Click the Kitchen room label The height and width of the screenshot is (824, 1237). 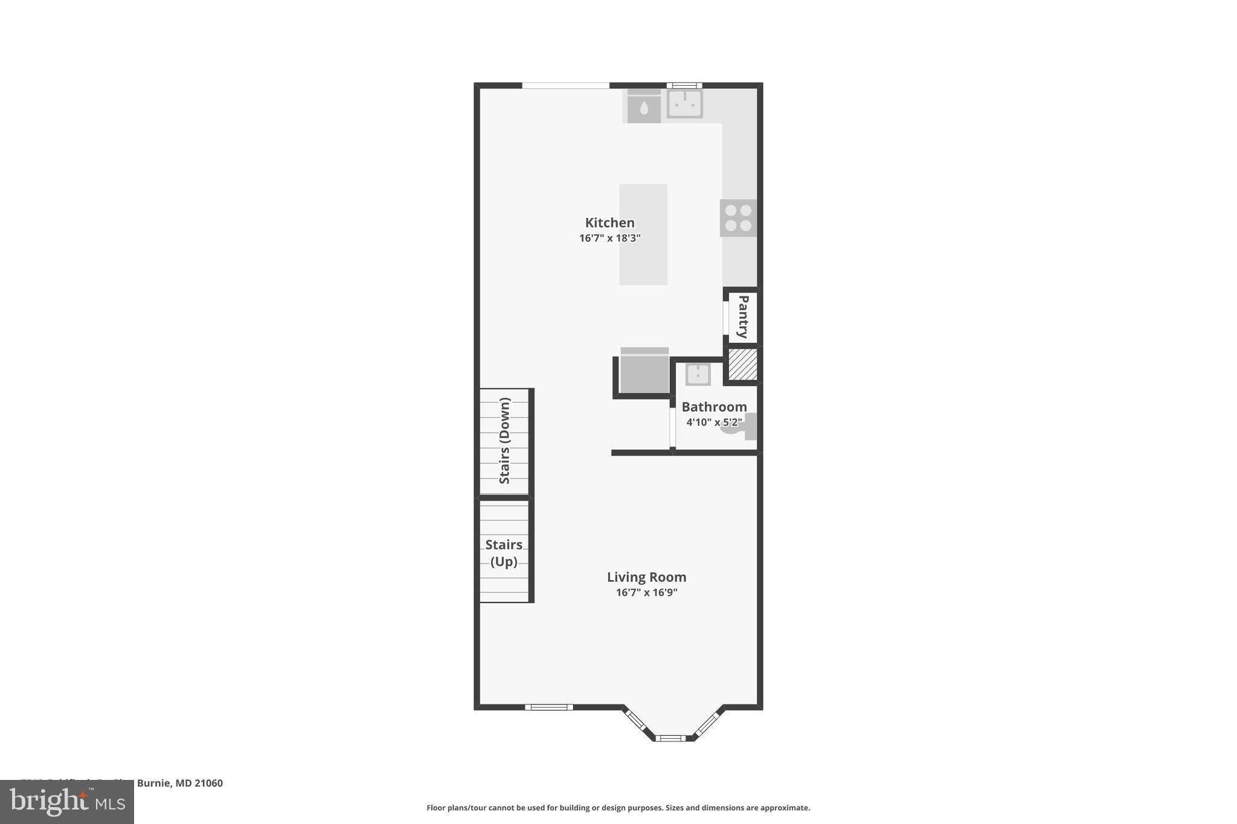click(609, 223)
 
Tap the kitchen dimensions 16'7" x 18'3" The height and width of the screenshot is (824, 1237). click(609, 238)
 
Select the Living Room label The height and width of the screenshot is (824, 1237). click(646, 577)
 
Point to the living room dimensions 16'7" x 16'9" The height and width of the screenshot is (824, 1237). click(646, 592)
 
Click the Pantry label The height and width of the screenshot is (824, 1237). click(743, 317)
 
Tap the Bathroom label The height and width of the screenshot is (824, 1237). click(714, 407)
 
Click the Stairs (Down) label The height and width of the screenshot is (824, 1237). click(505, 441)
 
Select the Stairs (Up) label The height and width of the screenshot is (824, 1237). click(504, 553)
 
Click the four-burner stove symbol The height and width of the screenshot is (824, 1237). click(738, 218)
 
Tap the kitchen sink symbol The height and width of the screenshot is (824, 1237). click(685, 103)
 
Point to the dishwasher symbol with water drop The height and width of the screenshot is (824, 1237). click(644, 107)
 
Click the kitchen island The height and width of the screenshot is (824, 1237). click(643, 234)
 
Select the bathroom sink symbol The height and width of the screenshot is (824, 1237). click(698, 375)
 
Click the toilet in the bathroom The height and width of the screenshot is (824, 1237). click(740, 426)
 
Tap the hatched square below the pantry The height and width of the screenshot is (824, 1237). click(742, 365)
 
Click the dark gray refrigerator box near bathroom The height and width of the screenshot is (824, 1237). click(644, 373)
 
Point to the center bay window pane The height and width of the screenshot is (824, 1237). click(670, 738)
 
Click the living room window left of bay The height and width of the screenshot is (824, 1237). click(548, 707)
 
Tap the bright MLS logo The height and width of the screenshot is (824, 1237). click(66, 802)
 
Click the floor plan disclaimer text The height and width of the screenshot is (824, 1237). click(618, 808)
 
